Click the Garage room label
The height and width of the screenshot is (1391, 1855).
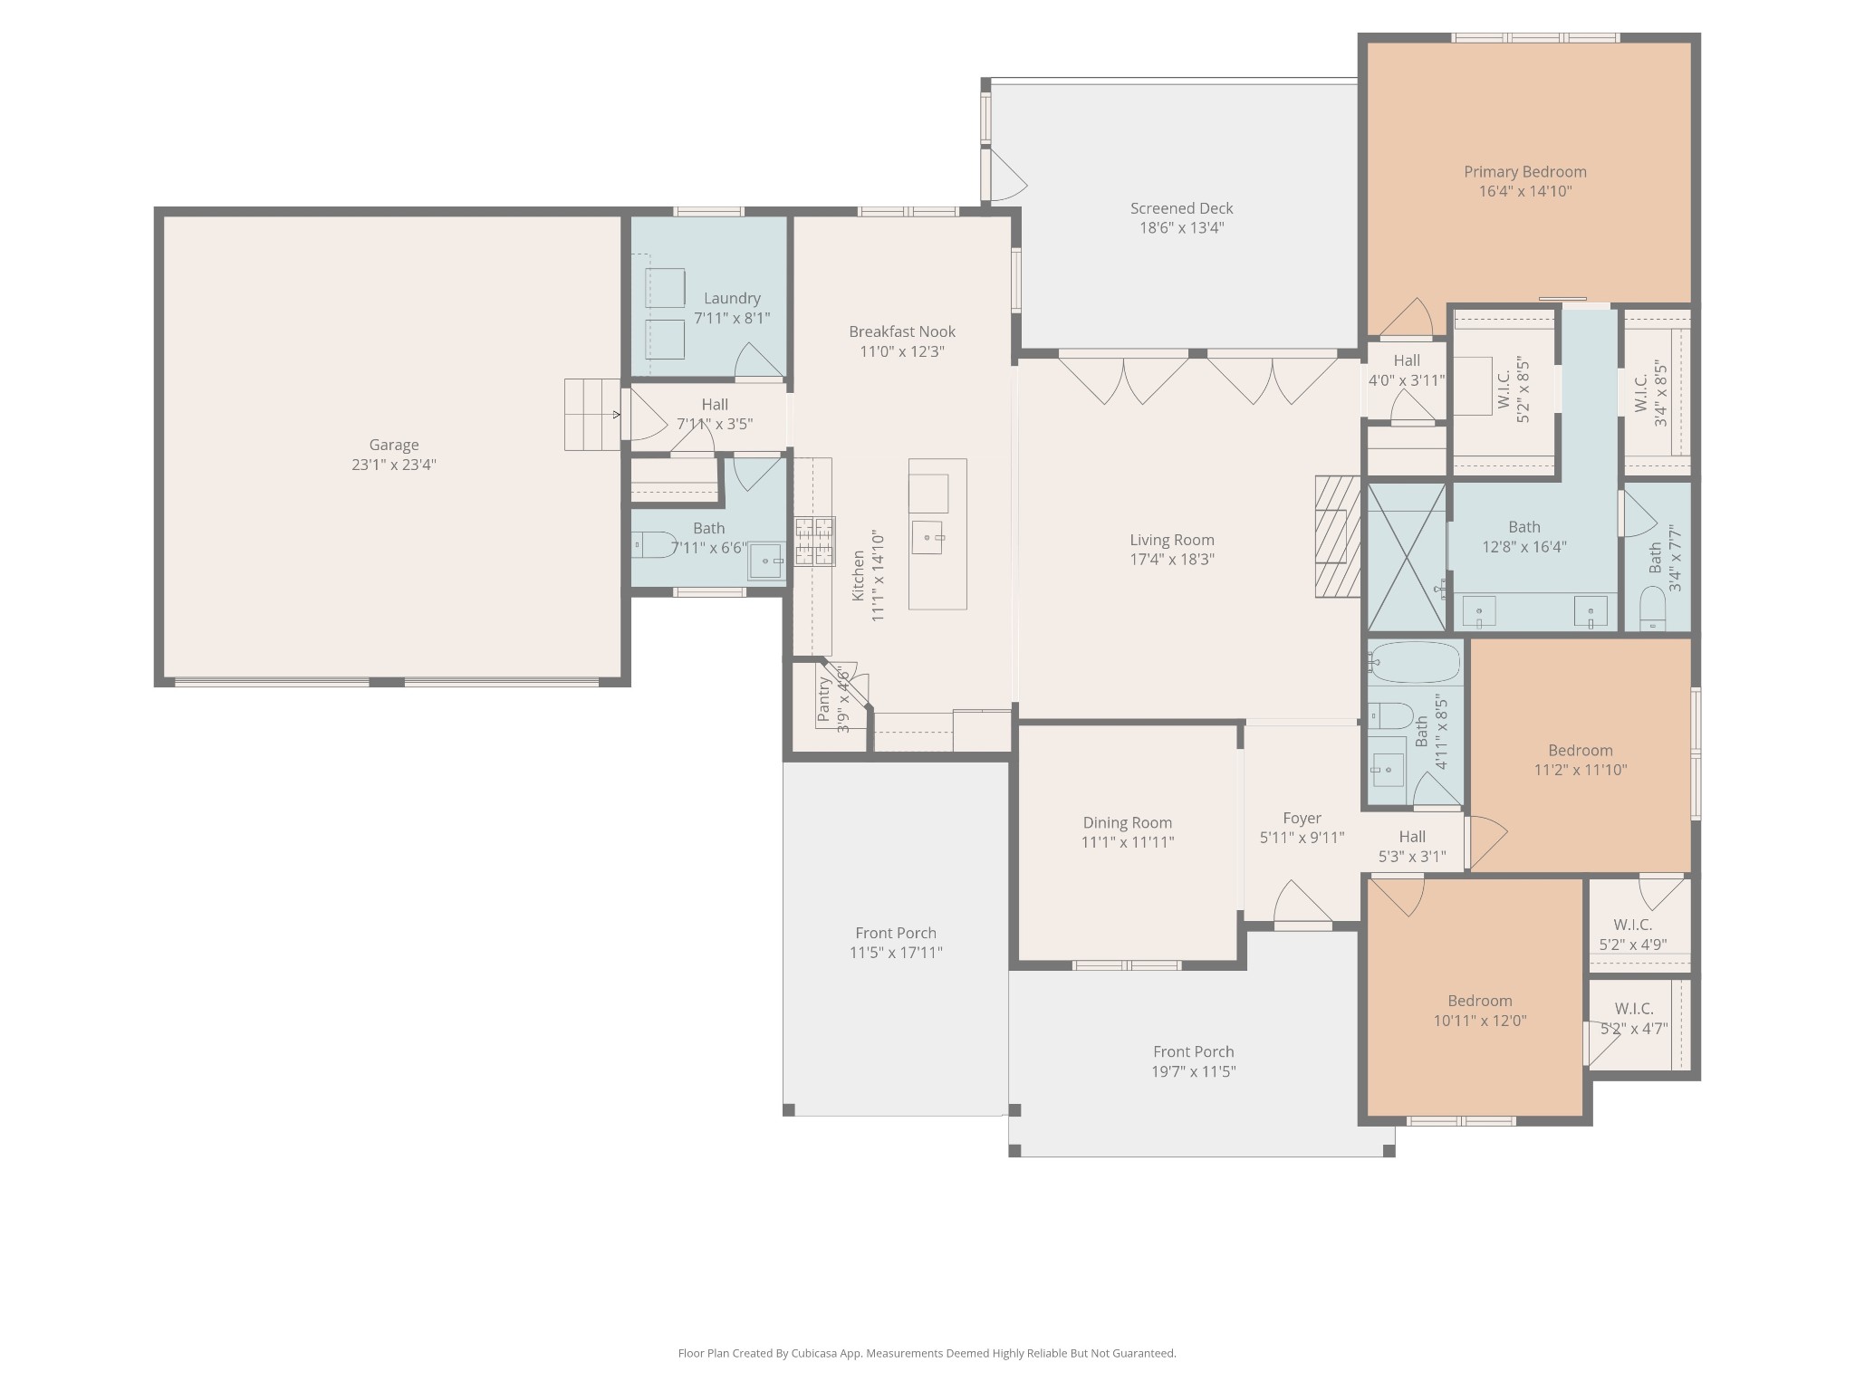click(x=394, y=445)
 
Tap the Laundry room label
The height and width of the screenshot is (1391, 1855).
click(x=732, y=298)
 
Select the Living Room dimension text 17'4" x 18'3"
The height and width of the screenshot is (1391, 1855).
click(x=1172, y=560)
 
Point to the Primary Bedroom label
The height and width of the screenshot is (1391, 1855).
click(x=1525, y=172)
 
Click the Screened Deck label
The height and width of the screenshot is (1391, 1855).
click(x=1182, y=208)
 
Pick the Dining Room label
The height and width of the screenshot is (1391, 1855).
click(x=1128, y=822)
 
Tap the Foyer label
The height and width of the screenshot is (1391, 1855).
click(x=1302, y=818)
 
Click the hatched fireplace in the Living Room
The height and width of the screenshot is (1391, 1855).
click(x=1338, y=536)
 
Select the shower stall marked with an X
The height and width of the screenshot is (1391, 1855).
click(x=1407, y=557)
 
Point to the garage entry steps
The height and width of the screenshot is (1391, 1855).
click(x=592, y=415)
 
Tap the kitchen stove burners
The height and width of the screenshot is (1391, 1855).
click(x=815, y=542)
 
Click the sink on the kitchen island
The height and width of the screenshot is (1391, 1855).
click(x=928, y=537)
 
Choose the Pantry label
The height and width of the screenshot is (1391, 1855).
click(x=823, y=700)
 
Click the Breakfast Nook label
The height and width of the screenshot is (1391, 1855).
click(x=902, y=331)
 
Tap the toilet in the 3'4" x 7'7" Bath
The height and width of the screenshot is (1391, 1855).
click(x=1653, y=609)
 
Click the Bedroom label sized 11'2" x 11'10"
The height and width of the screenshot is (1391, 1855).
click(x=1581, y=750)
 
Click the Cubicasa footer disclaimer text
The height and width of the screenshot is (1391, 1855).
click(x=927, y=1353)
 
